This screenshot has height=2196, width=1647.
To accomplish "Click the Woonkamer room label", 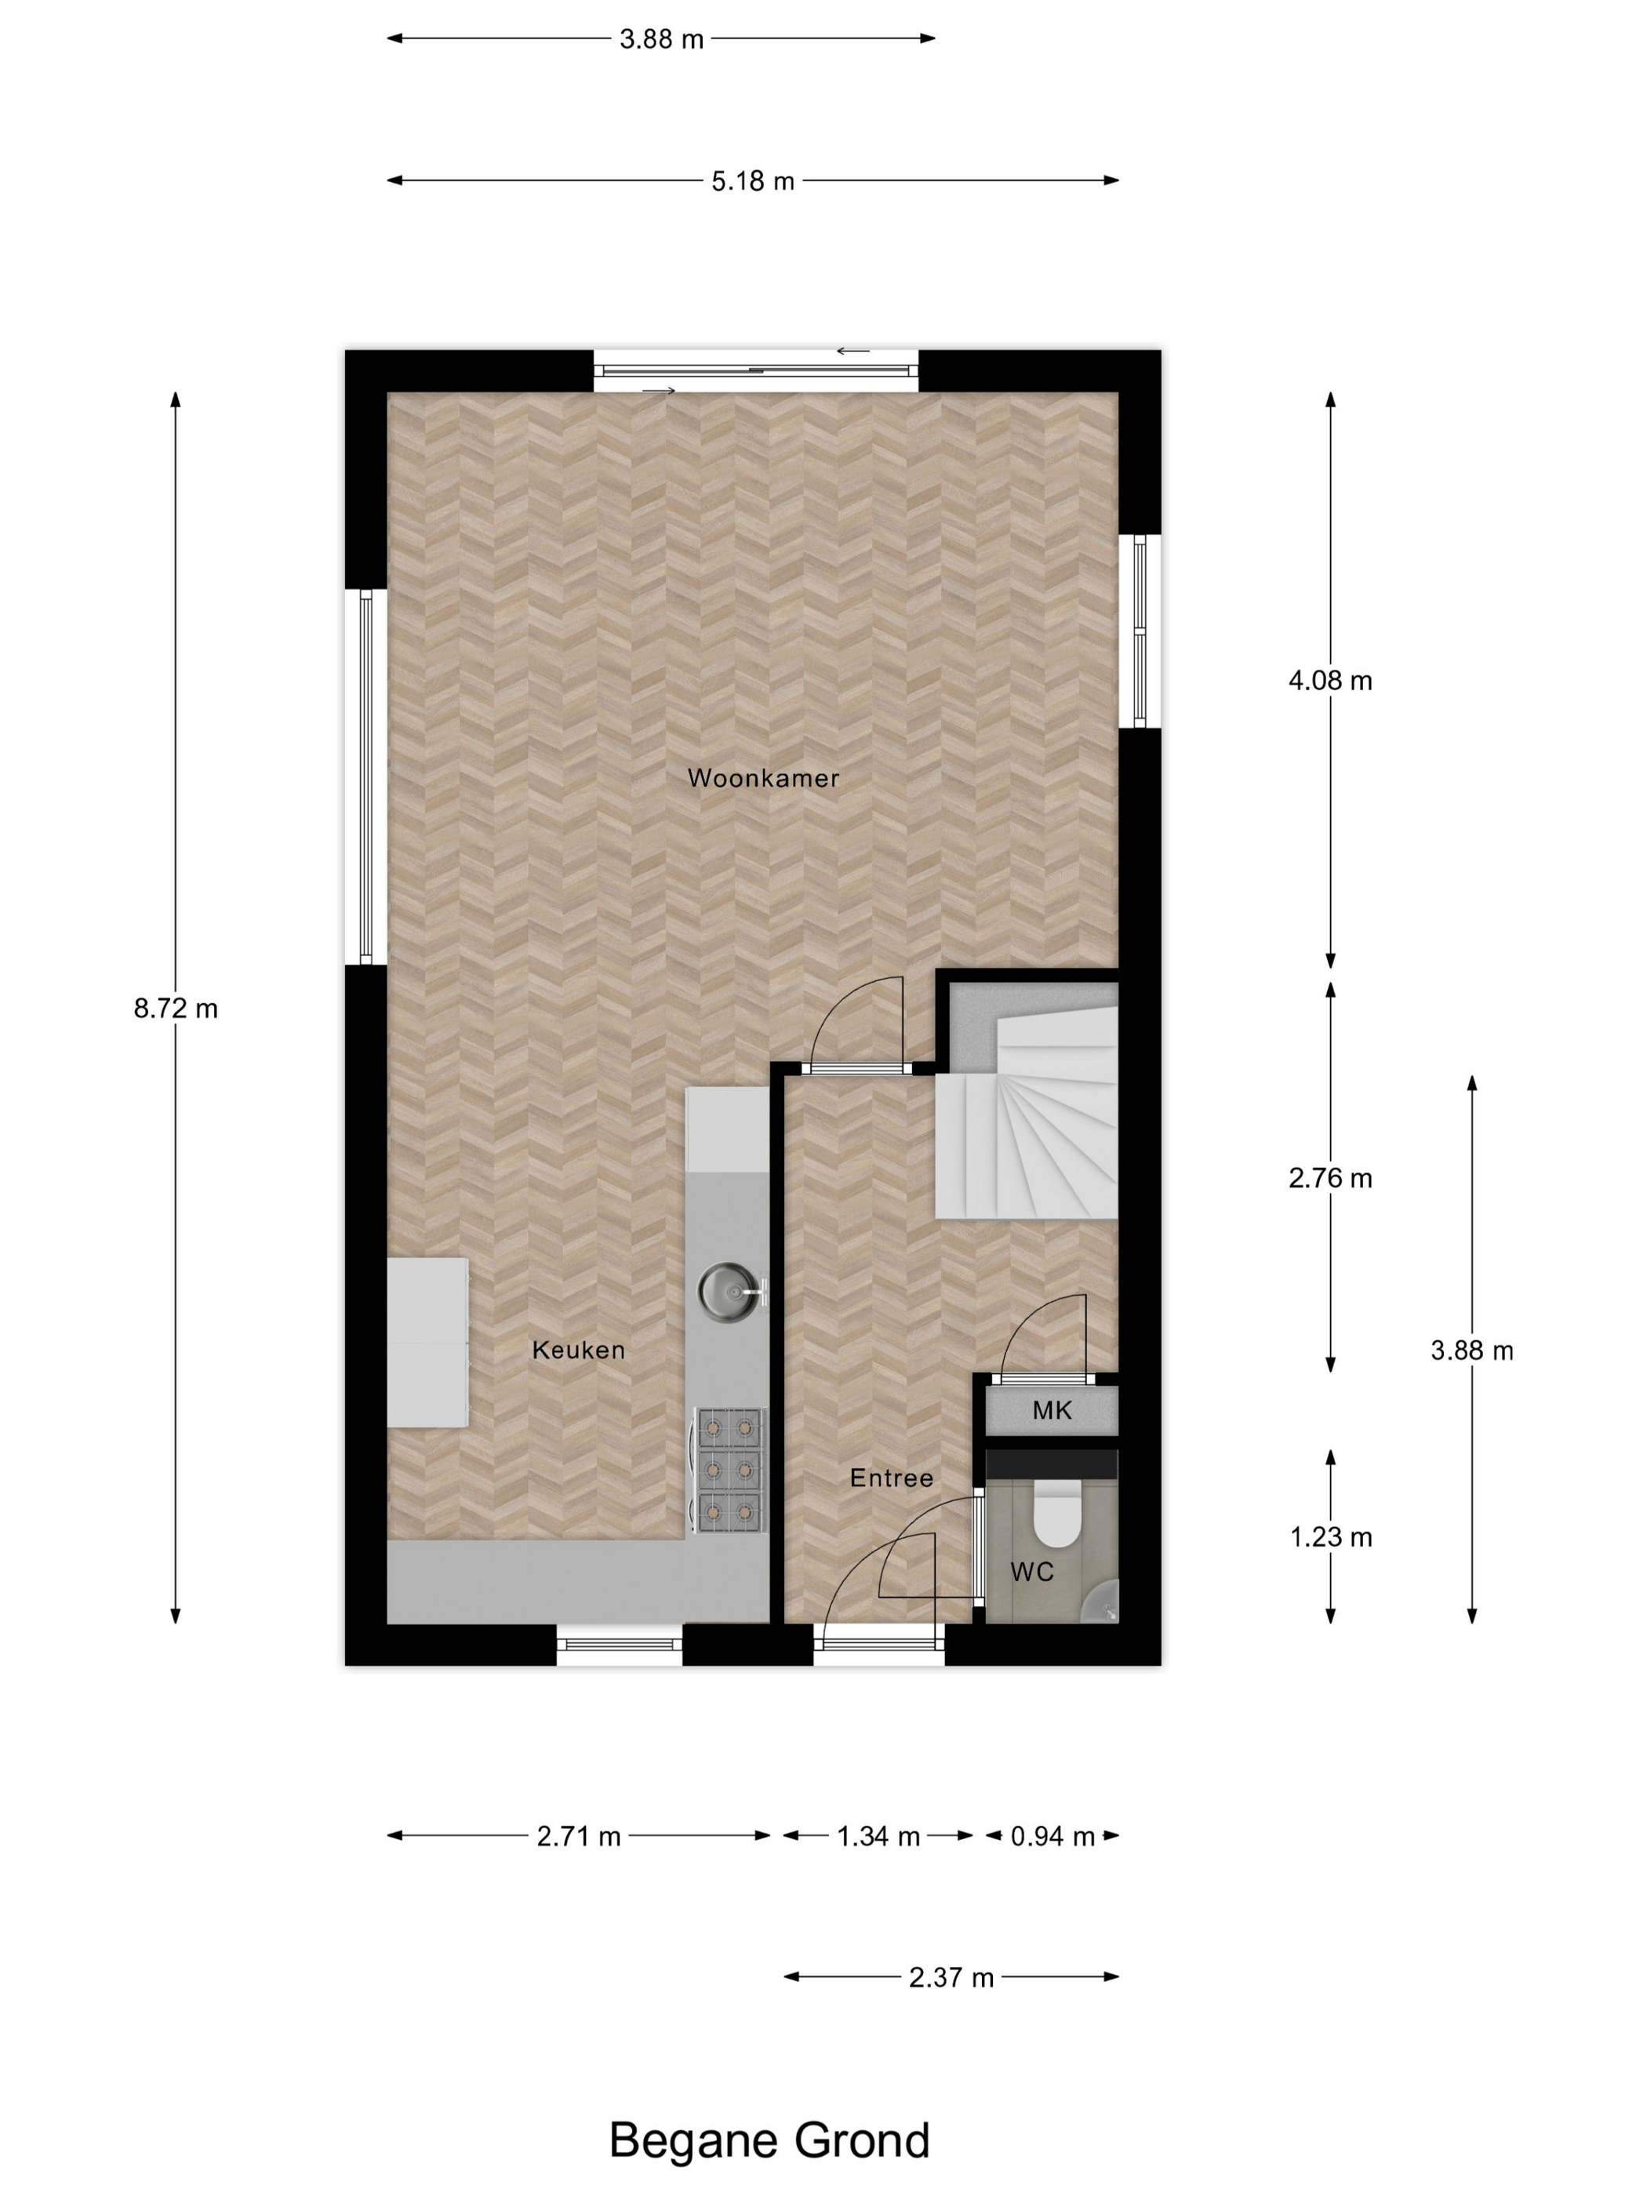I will tap(762, 778).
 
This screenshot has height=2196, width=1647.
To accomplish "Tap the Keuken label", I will tap(578, 1351).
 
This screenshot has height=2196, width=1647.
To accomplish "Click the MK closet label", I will tap(1052, 1411).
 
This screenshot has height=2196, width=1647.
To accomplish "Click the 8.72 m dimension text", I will tap(176, 1009).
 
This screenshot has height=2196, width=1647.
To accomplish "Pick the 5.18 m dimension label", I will tap(752, 180).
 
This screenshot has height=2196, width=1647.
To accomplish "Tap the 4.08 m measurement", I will tap(1329, 680).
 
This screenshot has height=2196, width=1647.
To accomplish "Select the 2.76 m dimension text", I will tap(1329, 1179).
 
